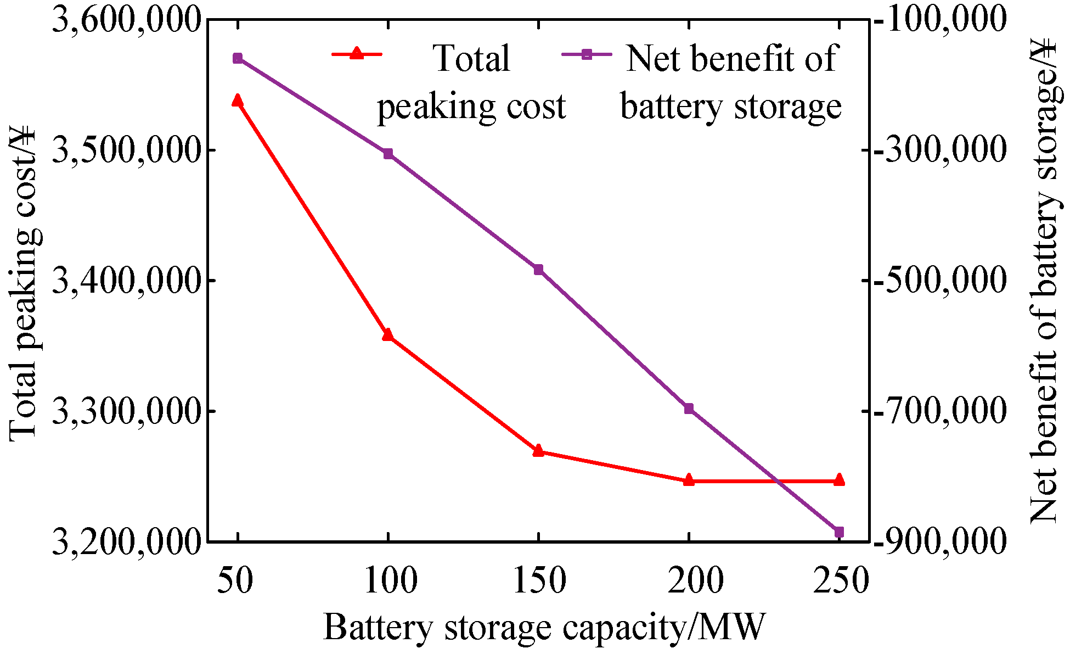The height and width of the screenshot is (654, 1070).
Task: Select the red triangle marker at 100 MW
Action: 388,335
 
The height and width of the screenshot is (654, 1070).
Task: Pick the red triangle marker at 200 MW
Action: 689,480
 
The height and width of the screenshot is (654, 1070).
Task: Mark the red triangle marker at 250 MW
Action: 839,480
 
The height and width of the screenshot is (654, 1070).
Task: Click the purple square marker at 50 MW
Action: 238,58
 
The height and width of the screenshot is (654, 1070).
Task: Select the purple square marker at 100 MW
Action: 388,154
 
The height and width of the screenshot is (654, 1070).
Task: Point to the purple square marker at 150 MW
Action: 538,269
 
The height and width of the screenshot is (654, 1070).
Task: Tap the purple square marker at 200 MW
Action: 689,409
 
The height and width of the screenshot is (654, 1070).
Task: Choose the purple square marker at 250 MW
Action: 839,532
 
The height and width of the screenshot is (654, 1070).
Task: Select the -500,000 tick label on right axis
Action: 941,281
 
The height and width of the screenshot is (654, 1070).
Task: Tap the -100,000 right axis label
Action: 941,20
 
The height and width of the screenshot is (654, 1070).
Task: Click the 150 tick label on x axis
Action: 539,580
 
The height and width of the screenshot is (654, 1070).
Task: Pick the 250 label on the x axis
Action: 840,580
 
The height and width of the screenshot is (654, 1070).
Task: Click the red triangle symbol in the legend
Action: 357,53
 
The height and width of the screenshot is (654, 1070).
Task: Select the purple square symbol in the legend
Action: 587,53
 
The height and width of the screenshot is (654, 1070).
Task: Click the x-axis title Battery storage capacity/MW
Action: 543,628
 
